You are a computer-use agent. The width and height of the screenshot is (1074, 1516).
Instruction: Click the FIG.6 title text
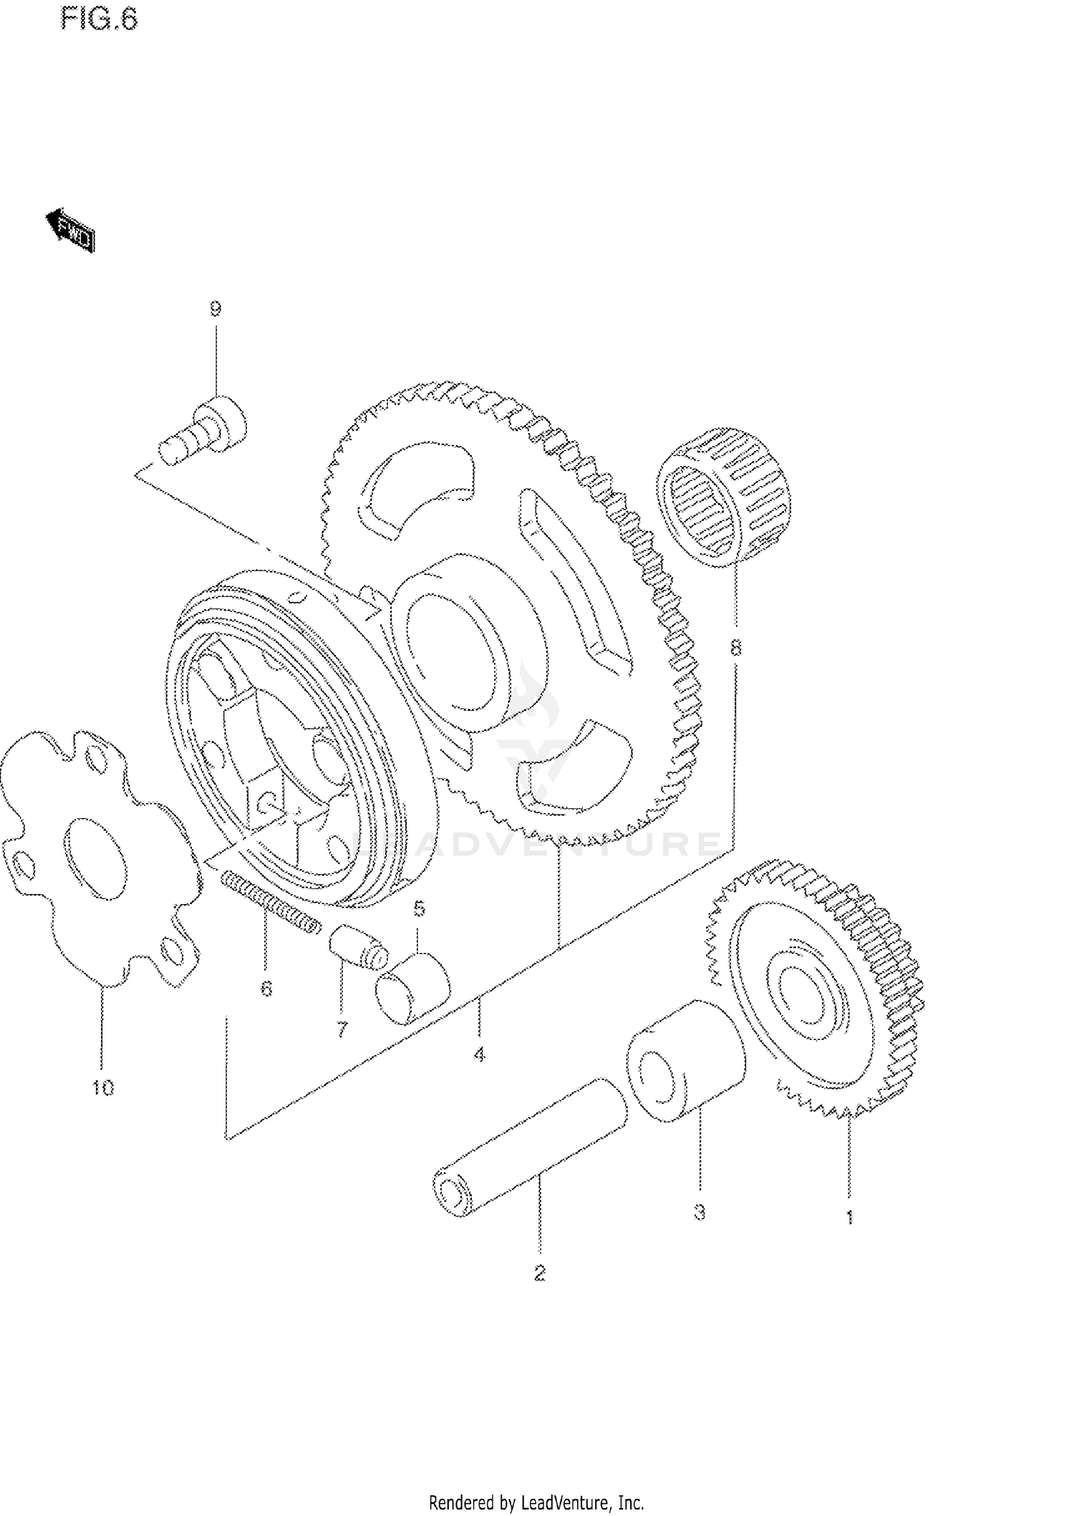coord(99,19)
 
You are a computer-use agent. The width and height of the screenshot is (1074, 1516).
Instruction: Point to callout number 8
coord(735,648)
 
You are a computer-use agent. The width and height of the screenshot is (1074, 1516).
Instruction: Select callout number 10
coord(102,1089)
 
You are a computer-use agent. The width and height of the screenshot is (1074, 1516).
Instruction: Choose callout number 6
coord(266,989)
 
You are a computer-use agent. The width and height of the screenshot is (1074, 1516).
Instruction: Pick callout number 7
coord(342,1030)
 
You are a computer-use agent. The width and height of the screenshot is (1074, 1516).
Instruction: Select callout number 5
coord(420,909)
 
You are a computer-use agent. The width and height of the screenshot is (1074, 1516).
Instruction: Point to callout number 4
coord(479,1054)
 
